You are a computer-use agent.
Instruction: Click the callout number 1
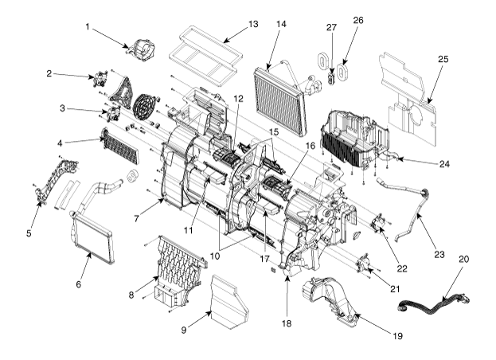pyautogui.click(x=88, y=27)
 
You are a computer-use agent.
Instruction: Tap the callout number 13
pyautogui.click(x=253, y=24)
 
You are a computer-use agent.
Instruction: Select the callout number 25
pyautogui.click(x=443, y=59)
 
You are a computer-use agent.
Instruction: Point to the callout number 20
pyautogui.click(x=463, y=260)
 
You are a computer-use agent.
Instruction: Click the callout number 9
pyautogui.click(x=184, y=331)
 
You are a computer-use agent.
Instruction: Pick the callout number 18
pyautogui.click(x=287, y=323)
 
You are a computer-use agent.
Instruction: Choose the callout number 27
pyautogui.click(x=331, y=28)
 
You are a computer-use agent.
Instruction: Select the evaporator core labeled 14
pyautogui.click(x=280, y=98)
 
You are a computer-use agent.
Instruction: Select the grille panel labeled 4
pyautogui.click(x=120, y=146)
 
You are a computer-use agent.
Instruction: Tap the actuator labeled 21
pyautogui.click(x=363, y=263)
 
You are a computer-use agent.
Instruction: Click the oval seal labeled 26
pyautogui.click(x=342, y=72)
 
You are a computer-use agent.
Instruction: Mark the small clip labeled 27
pyautogui.click(x=331, y=79)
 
